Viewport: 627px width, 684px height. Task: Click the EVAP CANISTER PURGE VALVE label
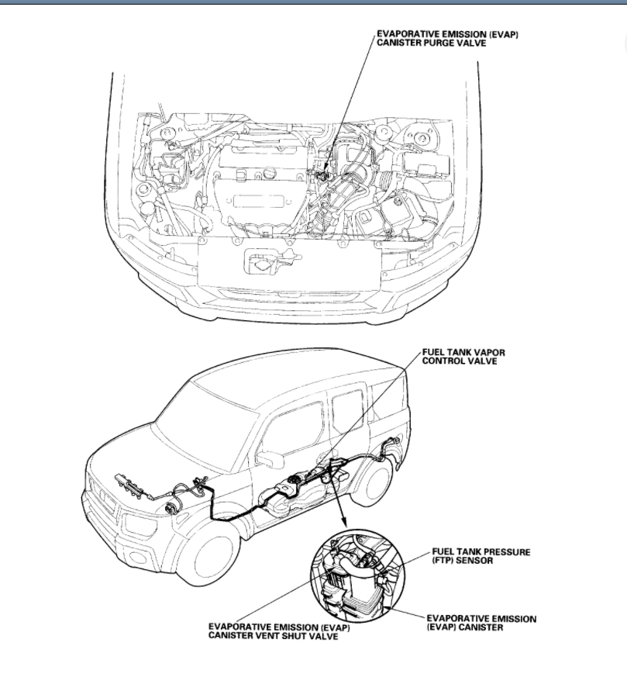coord(446,38)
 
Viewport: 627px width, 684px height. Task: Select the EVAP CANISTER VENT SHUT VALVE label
coord(274,631)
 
